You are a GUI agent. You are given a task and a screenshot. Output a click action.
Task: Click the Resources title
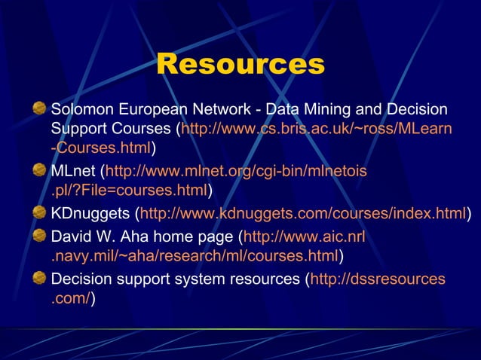tap(240, 65)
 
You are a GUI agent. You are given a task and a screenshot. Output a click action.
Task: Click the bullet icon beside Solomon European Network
tap(39, 109)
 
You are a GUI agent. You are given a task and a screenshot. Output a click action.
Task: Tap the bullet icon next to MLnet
tap(39, 171)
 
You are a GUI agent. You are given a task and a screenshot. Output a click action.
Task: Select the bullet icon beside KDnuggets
tap(39, 213)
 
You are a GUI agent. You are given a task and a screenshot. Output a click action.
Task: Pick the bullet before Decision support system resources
tap(39, 279)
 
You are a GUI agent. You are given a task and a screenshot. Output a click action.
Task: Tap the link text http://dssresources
tap(378, 280)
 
